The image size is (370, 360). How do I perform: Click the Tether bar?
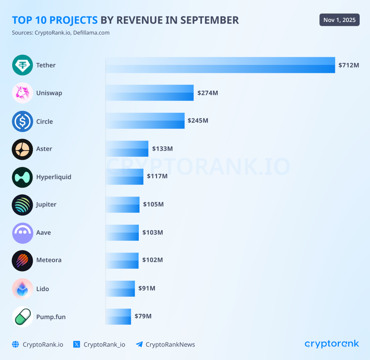(x=220, y=65)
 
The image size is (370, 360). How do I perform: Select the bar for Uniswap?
(x=150, y=93)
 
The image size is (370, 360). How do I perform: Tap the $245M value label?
(x=198, y=120)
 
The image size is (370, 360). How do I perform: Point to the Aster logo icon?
(x=22, y=149)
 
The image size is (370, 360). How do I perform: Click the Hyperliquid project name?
(x=53, y=177)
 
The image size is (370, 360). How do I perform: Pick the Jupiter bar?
(x=122, y=204)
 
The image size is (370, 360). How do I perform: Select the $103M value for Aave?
(x=152, y=232)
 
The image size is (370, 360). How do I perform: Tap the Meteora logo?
(x=22, y=261)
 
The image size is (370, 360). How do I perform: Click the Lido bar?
(x=120, y=288)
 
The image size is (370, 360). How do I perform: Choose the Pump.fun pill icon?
(x=22, y=317)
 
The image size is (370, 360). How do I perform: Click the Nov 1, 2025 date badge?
(x=339, y=20)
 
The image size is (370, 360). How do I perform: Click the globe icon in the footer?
(x=15, y=344)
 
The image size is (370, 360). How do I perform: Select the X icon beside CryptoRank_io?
(x=77, y=344)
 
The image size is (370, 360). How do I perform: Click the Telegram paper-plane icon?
(x=139, y=344)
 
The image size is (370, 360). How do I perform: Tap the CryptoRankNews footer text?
(x=170, y=344)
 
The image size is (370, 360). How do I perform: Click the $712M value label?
(x=349, y=65)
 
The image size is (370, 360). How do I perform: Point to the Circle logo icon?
(x=22, y=121)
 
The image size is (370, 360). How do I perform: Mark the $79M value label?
(x=143, y=316)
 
